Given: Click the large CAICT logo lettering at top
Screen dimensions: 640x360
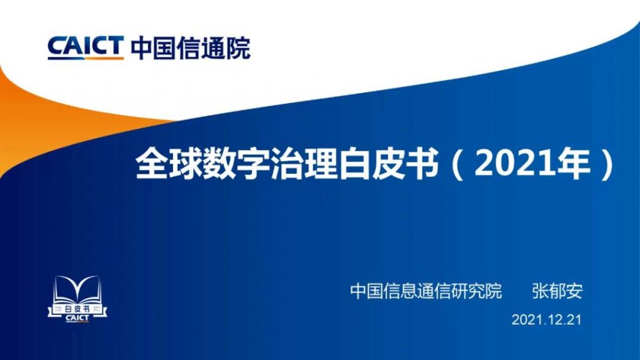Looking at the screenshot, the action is point(86,46).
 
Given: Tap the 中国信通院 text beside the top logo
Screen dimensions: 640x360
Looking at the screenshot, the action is point(190,48).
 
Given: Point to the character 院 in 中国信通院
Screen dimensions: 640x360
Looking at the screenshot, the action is point(238,48).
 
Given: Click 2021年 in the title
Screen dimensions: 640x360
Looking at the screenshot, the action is point(532,164).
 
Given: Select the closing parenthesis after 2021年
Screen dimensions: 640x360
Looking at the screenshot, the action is point(607,164).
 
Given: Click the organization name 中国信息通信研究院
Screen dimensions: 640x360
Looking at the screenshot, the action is point(426,291).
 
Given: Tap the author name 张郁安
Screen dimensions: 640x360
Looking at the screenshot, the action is point(557,291).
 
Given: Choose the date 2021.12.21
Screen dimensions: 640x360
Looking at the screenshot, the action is point(546,319).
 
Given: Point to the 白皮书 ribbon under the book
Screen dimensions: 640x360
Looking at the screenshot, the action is point(77,309).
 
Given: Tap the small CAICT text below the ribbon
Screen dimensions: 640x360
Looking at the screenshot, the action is point(77,318).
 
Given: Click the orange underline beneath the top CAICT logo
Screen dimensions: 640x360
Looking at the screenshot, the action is point(104,58).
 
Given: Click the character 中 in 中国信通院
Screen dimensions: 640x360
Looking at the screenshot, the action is point(142,48).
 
